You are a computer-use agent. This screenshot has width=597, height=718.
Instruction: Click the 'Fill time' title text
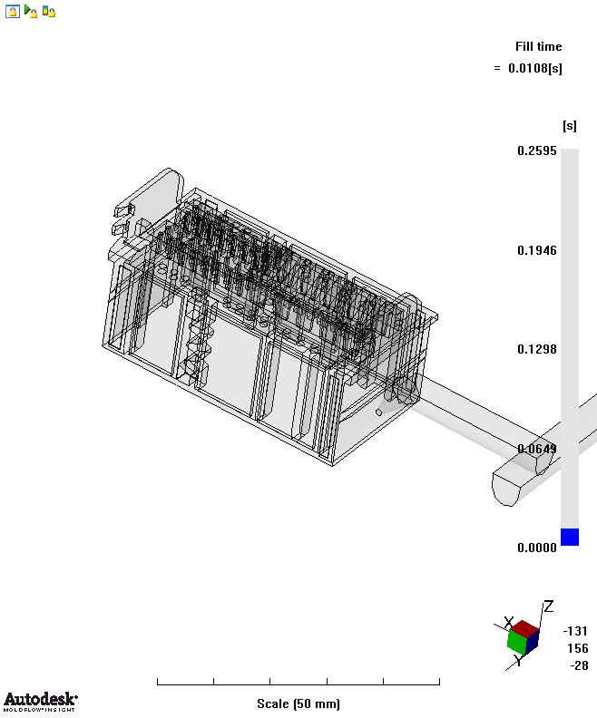coord(538,46)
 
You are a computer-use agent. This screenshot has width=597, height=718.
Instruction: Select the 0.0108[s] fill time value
coord(534,68)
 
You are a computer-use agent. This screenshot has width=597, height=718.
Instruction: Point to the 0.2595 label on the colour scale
coord(536,150)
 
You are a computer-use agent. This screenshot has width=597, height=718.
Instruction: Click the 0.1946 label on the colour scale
coord(536,250)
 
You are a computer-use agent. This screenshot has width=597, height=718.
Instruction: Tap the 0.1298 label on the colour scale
coord(536,349)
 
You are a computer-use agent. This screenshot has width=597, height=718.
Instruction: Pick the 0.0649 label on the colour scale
coord(536,448)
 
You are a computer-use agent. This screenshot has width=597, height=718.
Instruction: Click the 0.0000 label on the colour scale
coord(536,548)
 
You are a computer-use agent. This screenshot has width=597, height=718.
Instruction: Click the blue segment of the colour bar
coord(570,537)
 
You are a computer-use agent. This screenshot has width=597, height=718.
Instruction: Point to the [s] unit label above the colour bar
coord(570,126)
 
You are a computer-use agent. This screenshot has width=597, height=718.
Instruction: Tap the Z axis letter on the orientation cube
coord(548,606)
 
